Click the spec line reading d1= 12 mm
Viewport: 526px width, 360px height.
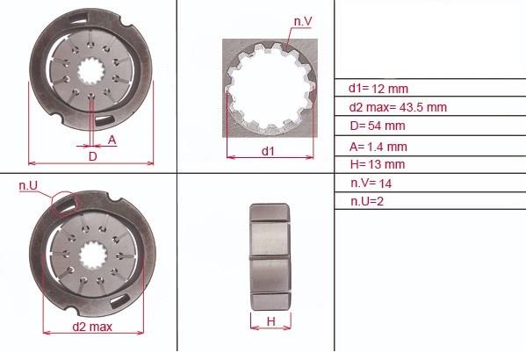[x=378, y=89]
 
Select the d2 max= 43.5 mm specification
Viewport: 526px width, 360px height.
[x=398, y=107]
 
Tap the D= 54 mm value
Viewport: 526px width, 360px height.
[x=378, y=126]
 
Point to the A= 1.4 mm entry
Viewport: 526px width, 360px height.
[x=378, y=147]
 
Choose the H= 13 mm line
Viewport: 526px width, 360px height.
[x=378, y=164]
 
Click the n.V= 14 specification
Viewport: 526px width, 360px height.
[x=371, y=184]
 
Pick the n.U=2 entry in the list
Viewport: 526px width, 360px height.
[x=367, y=201]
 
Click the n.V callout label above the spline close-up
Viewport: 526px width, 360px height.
[x=303, y=21]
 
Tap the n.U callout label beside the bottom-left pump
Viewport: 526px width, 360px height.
[x=28, y=185]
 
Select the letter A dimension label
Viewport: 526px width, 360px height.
[x=112, y=140]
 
